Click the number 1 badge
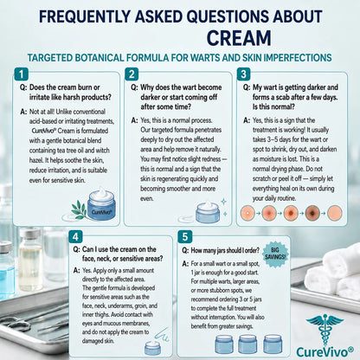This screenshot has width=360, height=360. pyautogui.click(x=22, y=74)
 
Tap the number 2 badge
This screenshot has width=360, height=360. pyautogui.click(x=132, y=74)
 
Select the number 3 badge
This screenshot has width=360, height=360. pyautogui.click(x=244, y=74)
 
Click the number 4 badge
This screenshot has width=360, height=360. pyautogui.click(x=75, y=237)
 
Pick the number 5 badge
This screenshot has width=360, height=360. pyautogui.click(x=185, y=237)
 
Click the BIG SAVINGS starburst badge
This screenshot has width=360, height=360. pyautogui.click(x=275, y=254)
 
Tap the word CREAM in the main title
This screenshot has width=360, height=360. pyautogui.click(x=239, y=38)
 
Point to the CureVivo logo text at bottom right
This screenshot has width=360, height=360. pyautogui.click(x=325, y=352)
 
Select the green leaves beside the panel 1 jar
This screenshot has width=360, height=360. pyautogui.click(x=80, y=209)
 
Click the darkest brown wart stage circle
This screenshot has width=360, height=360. pyautogui.click(x=312, y=213)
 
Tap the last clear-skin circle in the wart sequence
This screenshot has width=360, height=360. pyautogui.click(x=335, y=213)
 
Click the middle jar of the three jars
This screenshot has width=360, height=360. pyautogui.click(x=247, y=344)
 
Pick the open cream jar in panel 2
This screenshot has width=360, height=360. pyautogui.click(x=208, y=213)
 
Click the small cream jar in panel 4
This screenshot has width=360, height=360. pyautogui.click(x=152, y=348)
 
